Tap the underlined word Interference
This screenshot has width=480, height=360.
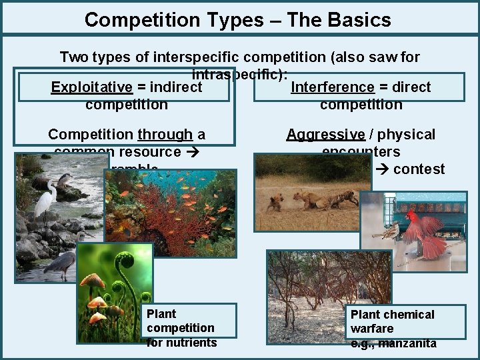pos(332,87)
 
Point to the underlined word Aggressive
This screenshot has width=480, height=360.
pos(325,134)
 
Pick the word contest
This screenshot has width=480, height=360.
pos(419,169)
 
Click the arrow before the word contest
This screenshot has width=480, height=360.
pos(382,169)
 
